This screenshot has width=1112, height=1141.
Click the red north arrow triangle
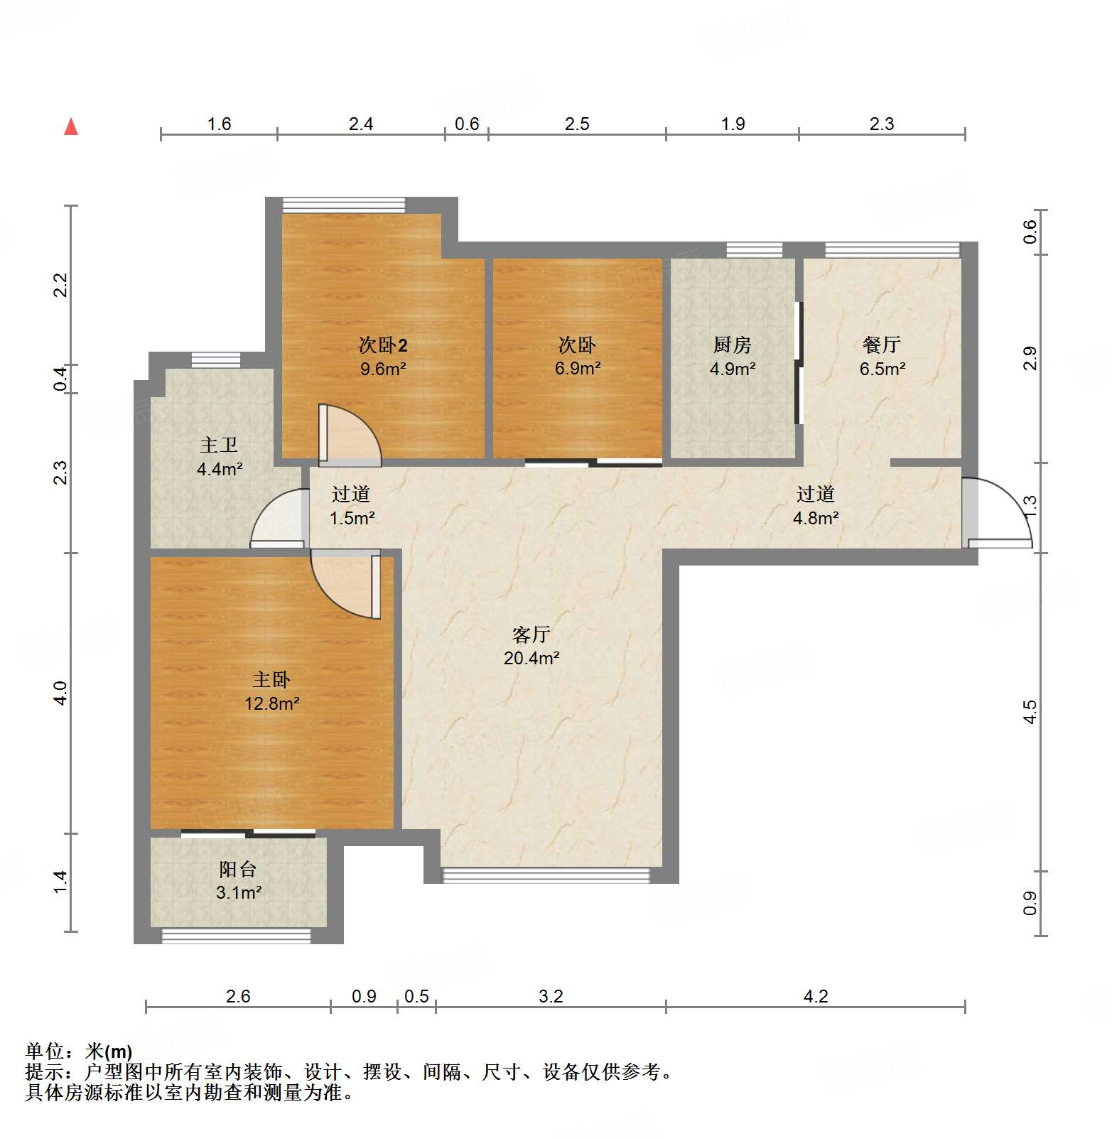click(71, 127)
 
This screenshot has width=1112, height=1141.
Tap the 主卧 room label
click(271, 680)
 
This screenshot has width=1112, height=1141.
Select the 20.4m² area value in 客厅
click(531, 658)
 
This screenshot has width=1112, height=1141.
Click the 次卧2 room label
click(383, 345)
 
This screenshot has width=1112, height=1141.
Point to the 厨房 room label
click(732, 345)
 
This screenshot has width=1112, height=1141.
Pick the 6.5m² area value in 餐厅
click(882, 369)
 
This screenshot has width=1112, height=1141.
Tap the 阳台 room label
click(237, 869)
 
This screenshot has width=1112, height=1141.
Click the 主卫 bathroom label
click(219, 445)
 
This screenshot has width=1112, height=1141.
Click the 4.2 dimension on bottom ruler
click(816, 996)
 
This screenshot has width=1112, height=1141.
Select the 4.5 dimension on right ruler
click(1030, 711)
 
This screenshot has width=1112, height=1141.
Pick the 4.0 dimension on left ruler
click(60, 693)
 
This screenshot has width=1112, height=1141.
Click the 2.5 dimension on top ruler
click(577, 124)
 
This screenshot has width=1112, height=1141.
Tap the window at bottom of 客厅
click(546, 875)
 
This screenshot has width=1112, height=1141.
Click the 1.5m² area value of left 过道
click(352, 518)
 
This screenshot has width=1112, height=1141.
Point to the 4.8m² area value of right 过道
click(815, 518)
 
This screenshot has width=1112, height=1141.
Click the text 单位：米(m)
click(78, 1051)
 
